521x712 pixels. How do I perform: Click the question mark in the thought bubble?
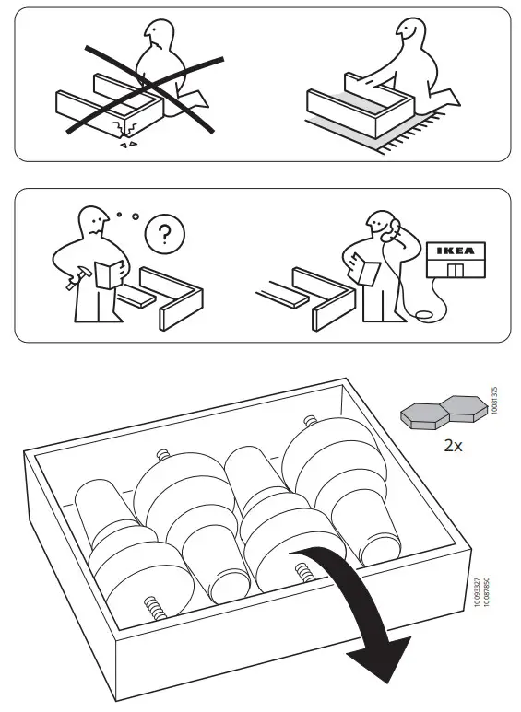pyautogui.click(x=164, y=234)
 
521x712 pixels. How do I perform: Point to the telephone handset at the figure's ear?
pyautogui.click(x=395, y=225)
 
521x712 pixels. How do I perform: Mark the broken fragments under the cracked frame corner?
pyautogui.click(x=131, y=143)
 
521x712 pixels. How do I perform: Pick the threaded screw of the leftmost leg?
pyautogui.click(x=152, y=608)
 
